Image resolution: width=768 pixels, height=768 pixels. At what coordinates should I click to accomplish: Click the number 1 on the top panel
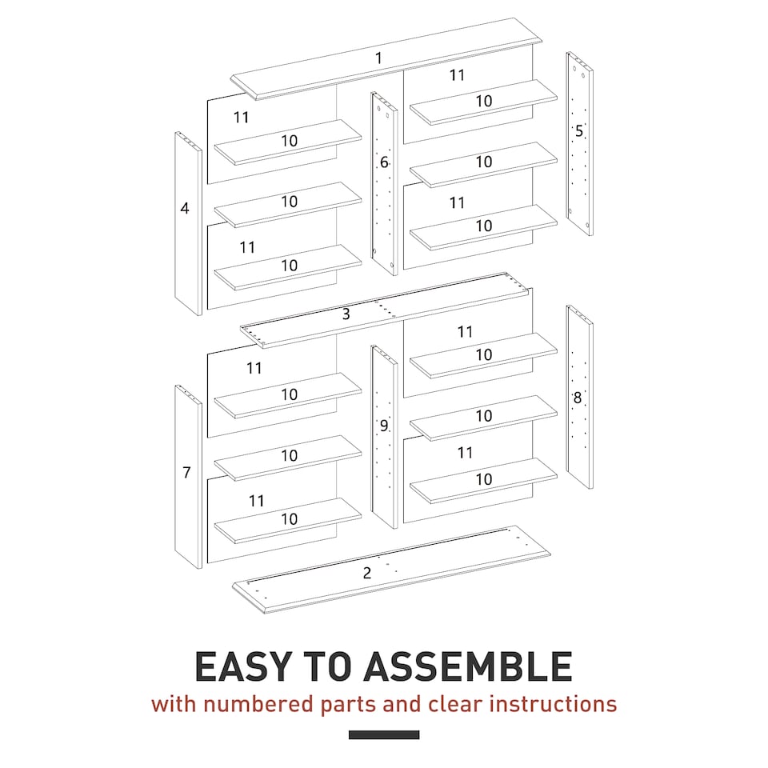click(378, 58)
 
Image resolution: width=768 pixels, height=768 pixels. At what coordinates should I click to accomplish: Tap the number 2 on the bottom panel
click(367, 573)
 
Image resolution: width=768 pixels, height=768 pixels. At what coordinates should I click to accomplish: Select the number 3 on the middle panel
click(346, 314)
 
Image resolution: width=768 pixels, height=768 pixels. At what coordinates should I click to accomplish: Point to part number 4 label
click(185, 208)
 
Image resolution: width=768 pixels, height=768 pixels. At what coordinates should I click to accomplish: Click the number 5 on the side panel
click(579, 130)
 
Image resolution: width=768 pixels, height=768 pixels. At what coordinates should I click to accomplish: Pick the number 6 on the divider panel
click(384, 162)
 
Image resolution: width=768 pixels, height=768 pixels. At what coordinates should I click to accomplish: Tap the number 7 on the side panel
click(186, 472)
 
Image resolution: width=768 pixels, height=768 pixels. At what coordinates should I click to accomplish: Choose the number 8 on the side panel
click(578, 398)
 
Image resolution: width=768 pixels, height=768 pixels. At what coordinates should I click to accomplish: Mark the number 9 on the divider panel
click(384, 426)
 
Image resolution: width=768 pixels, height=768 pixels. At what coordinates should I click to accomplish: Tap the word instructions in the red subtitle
click(553, 704)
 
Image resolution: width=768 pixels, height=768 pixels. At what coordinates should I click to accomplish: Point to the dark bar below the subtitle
click(384, 734)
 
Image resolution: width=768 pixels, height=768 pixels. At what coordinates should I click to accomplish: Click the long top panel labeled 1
click(448, 48)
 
